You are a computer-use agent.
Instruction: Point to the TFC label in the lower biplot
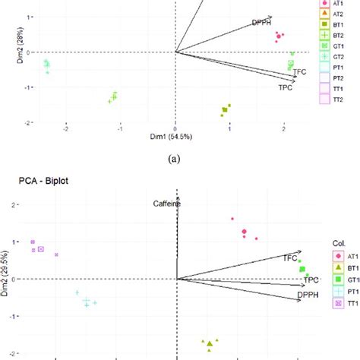tap(290, 258)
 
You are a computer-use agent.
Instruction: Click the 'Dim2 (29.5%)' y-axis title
tap(5, 278)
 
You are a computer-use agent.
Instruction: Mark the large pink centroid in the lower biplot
tap(245, 232)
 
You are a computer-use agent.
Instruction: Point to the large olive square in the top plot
tap(225, 110)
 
